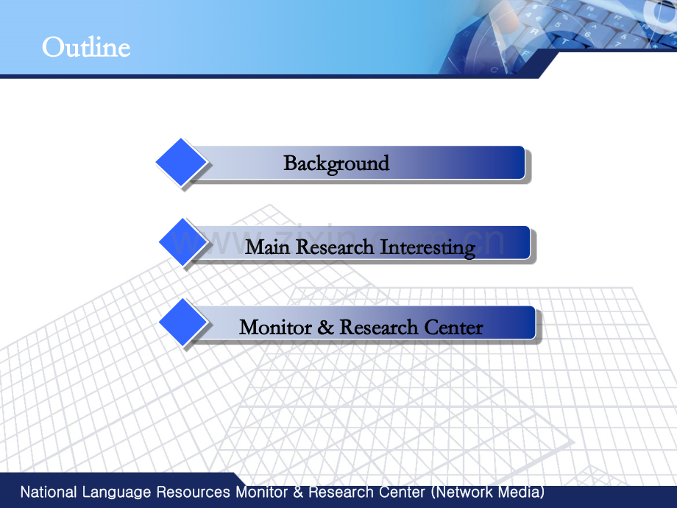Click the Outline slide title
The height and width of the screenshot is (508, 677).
pos(86,47)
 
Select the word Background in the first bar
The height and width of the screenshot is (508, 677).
pos(336,163)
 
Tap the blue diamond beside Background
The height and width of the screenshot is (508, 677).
pos(181,163)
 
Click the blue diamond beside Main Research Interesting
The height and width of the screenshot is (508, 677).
pos(183,242)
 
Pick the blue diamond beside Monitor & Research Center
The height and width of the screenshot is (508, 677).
pos(183,322)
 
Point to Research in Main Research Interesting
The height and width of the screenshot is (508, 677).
pos(335,247)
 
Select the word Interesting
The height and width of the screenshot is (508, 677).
pos(428,248)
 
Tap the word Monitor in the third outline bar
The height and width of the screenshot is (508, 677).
pos(275,328)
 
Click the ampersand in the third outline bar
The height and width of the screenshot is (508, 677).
pos(326,328)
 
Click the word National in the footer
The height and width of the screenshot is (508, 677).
pos(49,492)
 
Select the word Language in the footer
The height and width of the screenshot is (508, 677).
pos(116,493)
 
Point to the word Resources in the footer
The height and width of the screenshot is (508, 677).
pos(193,492)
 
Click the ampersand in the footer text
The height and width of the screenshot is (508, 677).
pos(298,492)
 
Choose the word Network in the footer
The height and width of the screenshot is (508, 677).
pos(462,493)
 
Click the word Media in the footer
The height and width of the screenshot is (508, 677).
pos(521,493)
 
